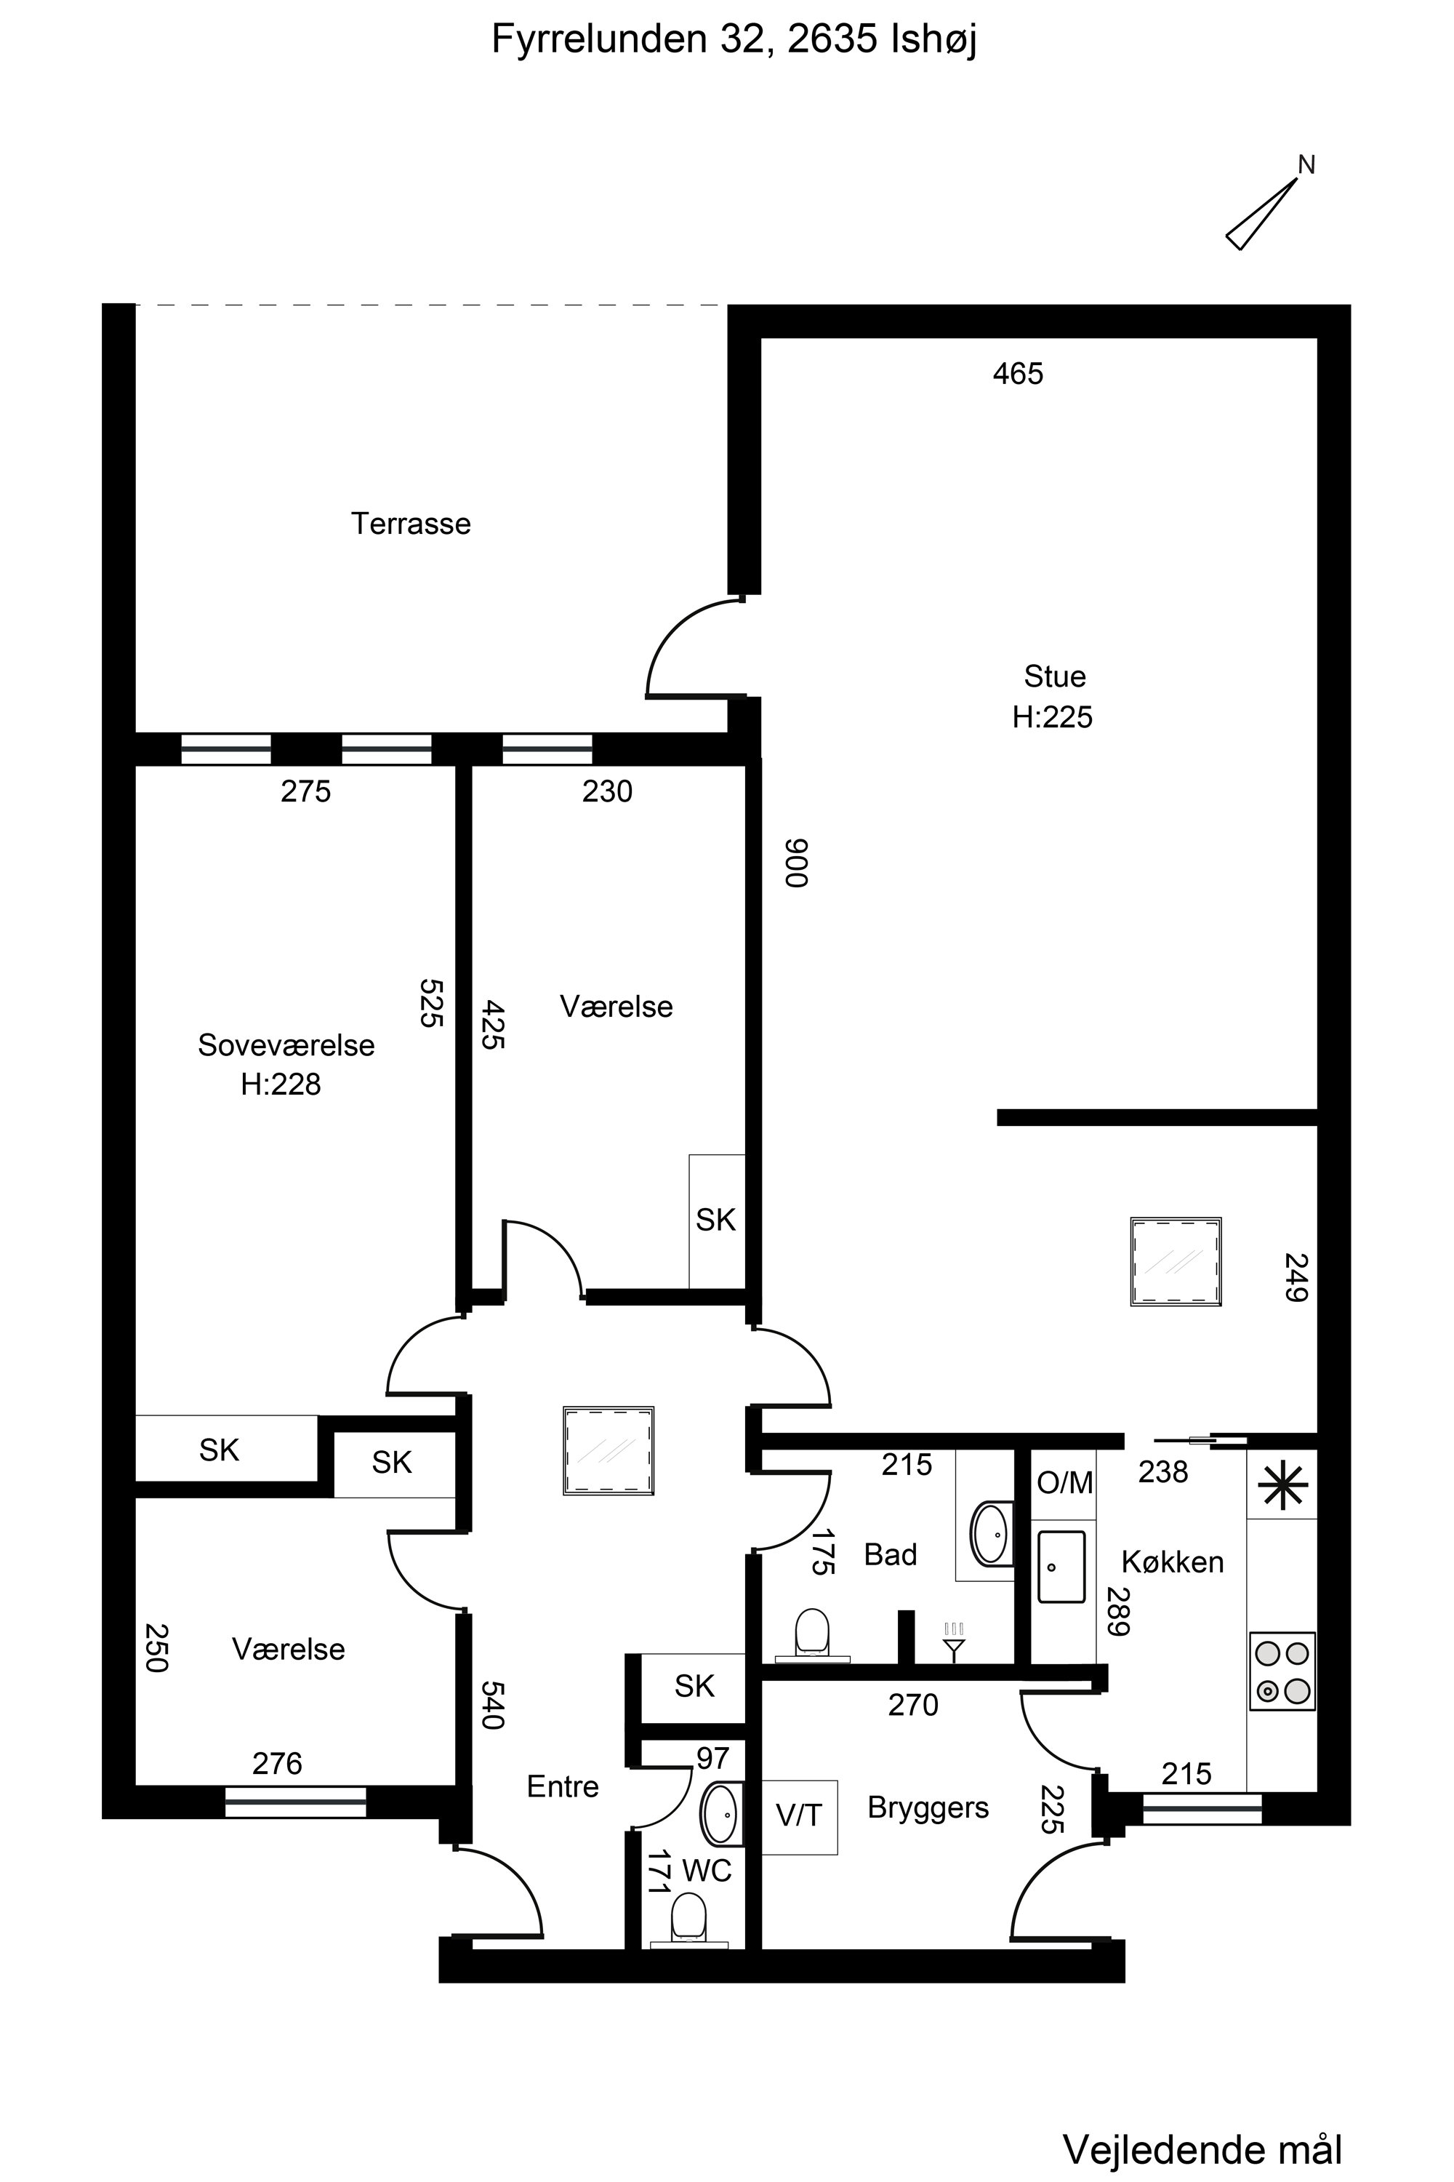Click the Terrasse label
coord(411,524)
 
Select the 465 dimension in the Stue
coord(1019,374)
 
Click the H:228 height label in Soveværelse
coord(281,1084)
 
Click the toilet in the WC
coord(689,1919)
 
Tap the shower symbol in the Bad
coord(953,1642)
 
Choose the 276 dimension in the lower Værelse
coord(277,1764)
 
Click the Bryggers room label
coord(928,1808)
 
